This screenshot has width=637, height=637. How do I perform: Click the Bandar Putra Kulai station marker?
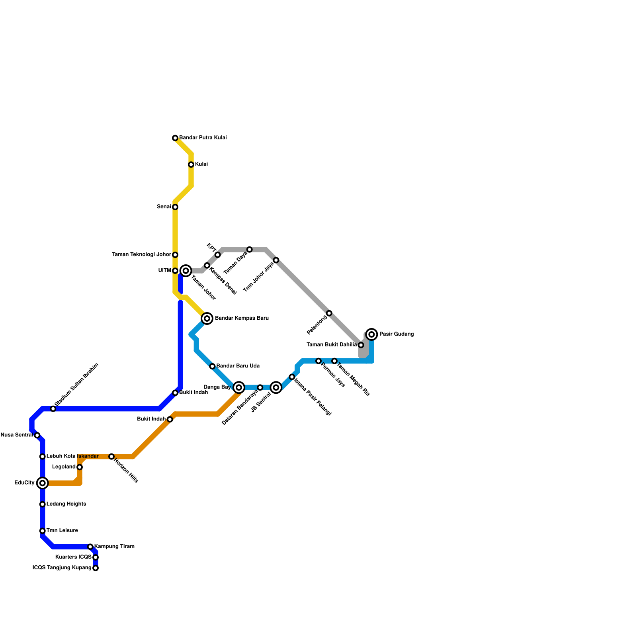point(175,138)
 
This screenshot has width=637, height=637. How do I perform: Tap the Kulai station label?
point(201,164)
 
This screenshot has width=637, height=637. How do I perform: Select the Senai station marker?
point(175,207)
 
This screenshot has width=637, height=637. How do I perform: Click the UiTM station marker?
point(175,271)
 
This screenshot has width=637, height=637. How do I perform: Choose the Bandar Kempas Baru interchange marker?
point(207,318)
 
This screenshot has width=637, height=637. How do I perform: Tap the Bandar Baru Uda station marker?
point(212,366)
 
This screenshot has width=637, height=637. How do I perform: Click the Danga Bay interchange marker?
point(239,387)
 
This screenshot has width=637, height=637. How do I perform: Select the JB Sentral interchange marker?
point(276,387)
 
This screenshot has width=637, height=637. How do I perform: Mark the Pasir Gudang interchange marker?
point(371,334)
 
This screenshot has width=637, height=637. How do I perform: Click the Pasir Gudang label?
point(397,334)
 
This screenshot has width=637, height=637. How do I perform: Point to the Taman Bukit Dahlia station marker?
point(361,345)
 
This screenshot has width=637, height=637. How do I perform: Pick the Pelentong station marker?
point(329,313)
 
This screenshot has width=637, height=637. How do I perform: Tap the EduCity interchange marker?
point(43,483)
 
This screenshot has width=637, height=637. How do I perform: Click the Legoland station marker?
point(80,467)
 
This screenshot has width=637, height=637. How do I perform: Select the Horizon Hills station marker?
point(111,457)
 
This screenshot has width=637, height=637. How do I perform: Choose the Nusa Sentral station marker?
point(37,435)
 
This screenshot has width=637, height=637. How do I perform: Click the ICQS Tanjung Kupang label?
point(62,568)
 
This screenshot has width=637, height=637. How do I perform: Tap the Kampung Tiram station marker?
point(90,547)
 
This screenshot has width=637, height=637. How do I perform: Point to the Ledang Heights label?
point(66,504)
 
